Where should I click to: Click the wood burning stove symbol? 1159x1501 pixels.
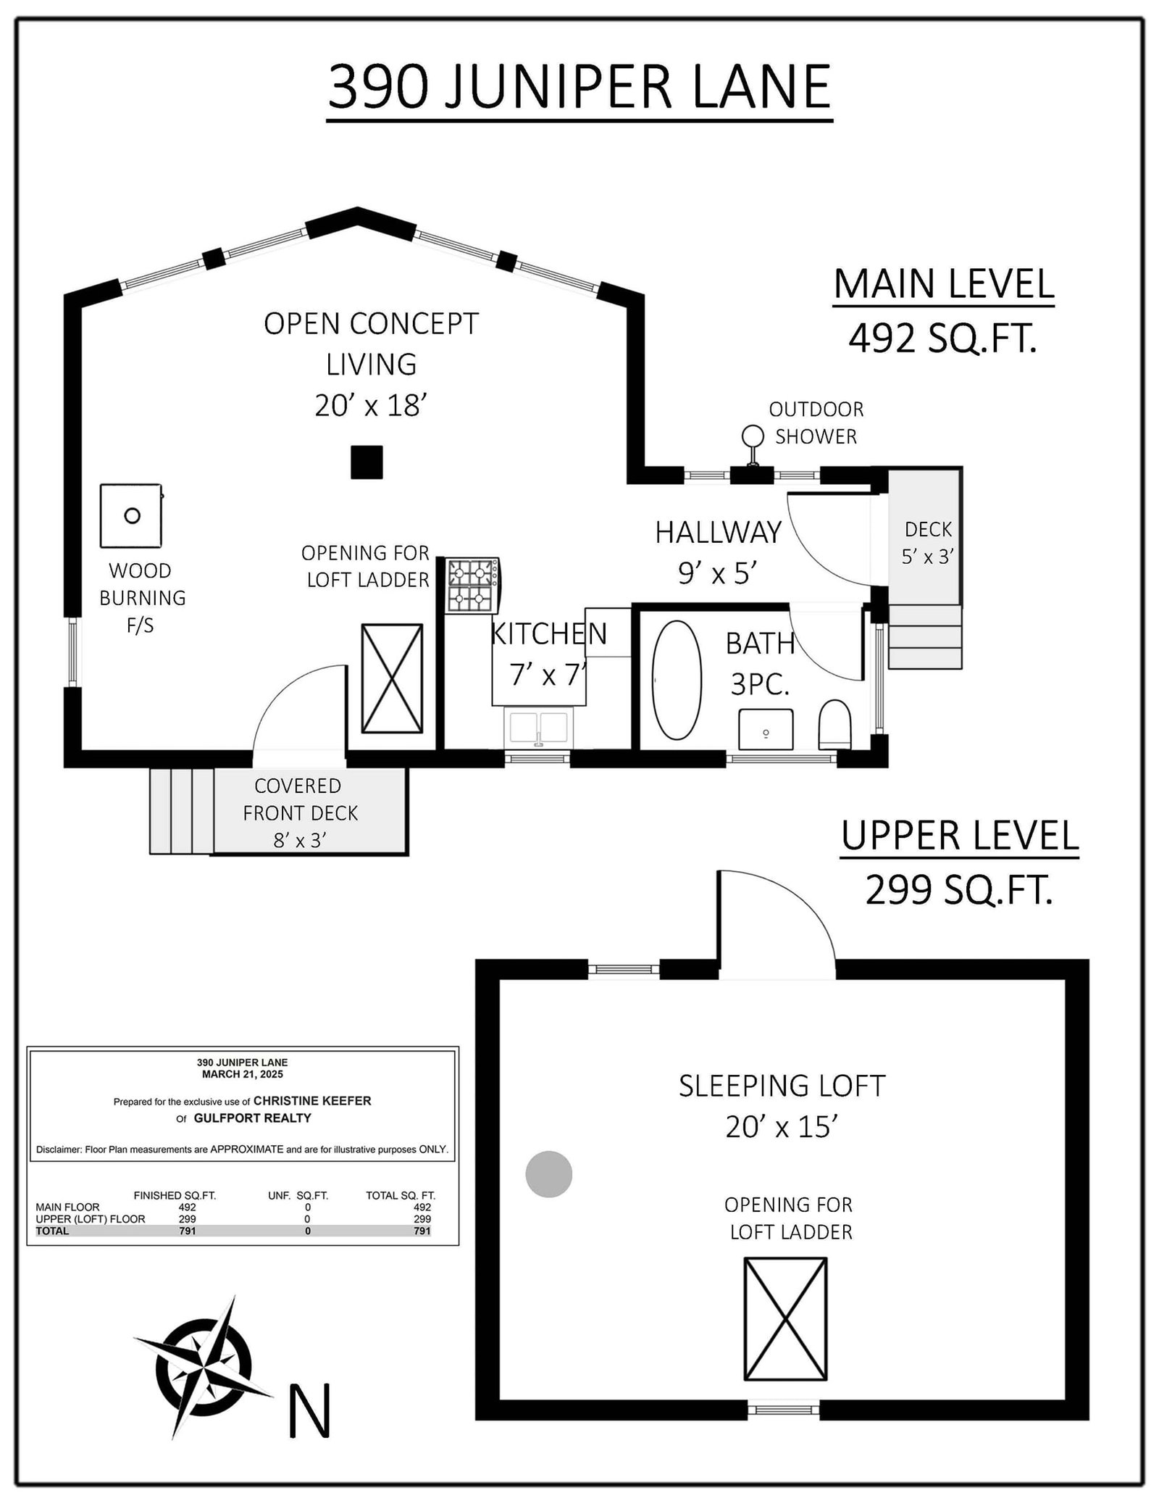pos(131,516)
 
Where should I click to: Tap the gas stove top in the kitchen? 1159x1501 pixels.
pos(472,586)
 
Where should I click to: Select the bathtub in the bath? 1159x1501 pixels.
pos(677,680)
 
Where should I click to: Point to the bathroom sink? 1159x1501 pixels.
pos(766,729)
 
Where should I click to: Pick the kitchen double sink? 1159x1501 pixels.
pos(538,728)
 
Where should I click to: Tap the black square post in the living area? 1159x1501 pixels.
pos(367,462)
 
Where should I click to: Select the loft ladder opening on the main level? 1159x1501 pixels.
pos(392,678)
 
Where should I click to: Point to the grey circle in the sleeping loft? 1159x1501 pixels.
pos(548,1173)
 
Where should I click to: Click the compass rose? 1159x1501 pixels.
pos(202,1365)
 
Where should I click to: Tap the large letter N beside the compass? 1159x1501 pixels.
pos(310,1410)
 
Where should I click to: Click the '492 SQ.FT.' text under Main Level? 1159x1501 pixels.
pos(942,338)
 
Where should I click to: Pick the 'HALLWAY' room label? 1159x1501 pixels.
pos(718,533)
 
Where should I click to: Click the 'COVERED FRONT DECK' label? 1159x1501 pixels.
pos(300,799)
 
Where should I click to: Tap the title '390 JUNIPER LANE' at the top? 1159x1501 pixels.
pos(579,88)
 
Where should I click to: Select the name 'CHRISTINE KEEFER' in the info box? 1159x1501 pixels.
pos(312,1101)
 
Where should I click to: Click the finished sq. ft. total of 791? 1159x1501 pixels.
pos(187,1231)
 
